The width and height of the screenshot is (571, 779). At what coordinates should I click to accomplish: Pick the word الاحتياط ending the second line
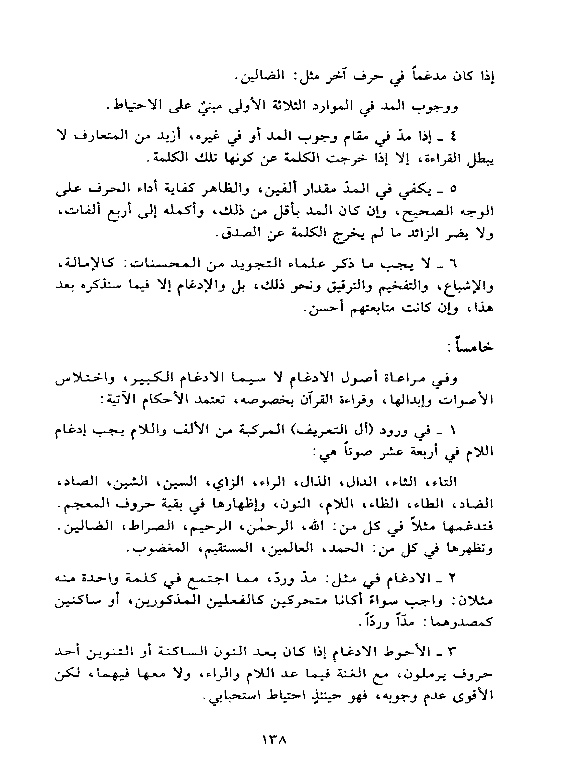134,107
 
